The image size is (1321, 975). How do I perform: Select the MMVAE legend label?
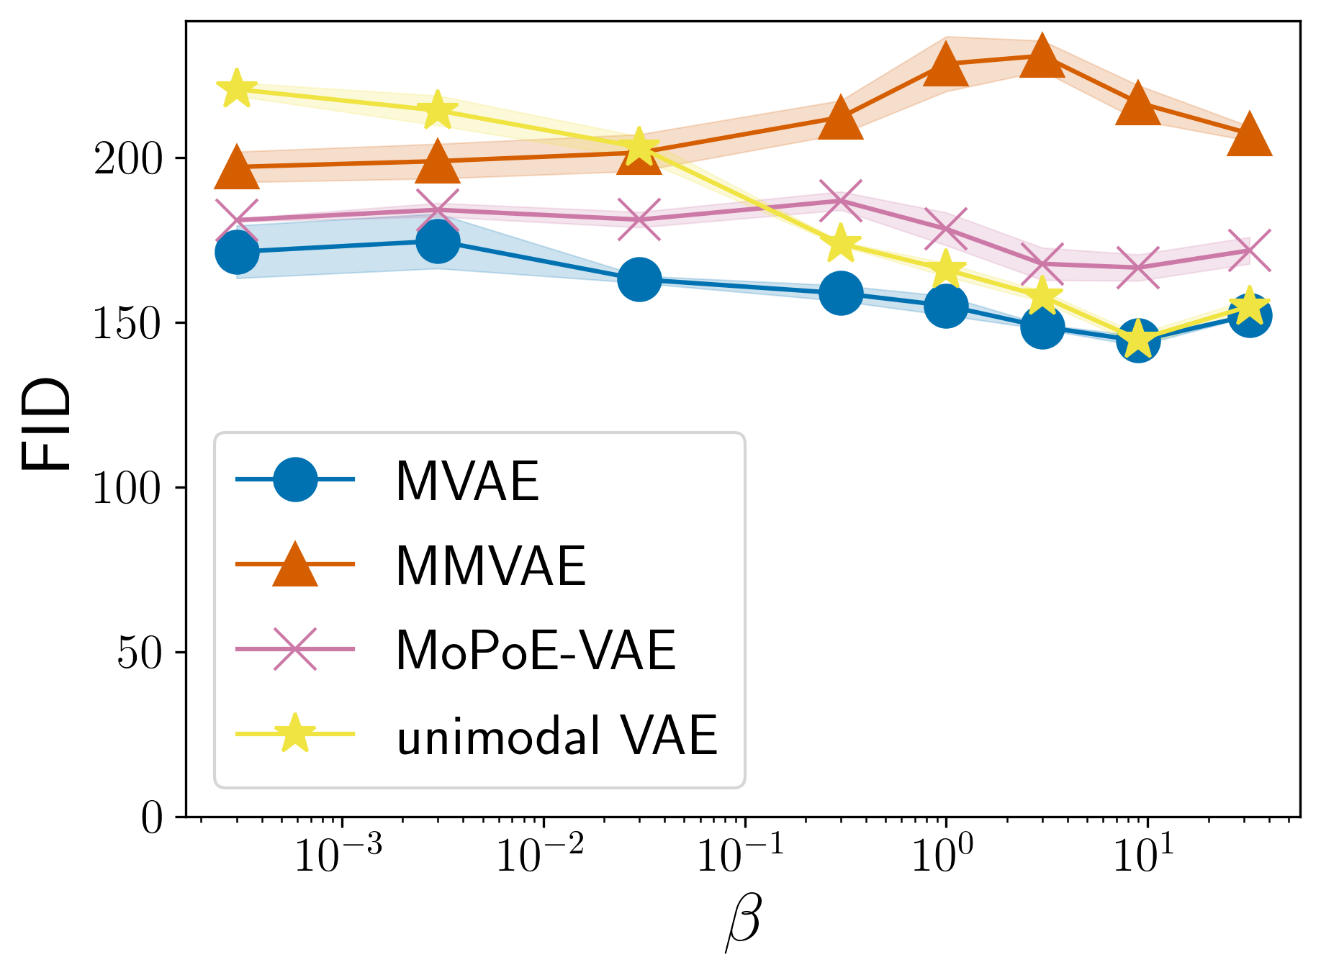[490, 566]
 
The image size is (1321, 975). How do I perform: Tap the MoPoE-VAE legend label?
[536, 650]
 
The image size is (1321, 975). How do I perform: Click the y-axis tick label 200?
[129, 159]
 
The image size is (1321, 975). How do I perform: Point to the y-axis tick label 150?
[129, 324]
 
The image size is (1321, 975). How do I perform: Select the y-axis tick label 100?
[129, 489]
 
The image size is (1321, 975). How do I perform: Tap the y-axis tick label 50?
[140, 653]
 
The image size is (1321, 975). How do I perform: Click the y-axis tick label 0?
[152, 818]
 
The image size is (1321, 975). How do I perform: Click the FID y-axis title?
[47, 425]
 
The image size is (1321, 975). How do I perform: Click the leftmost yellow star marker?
[236, 89]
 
